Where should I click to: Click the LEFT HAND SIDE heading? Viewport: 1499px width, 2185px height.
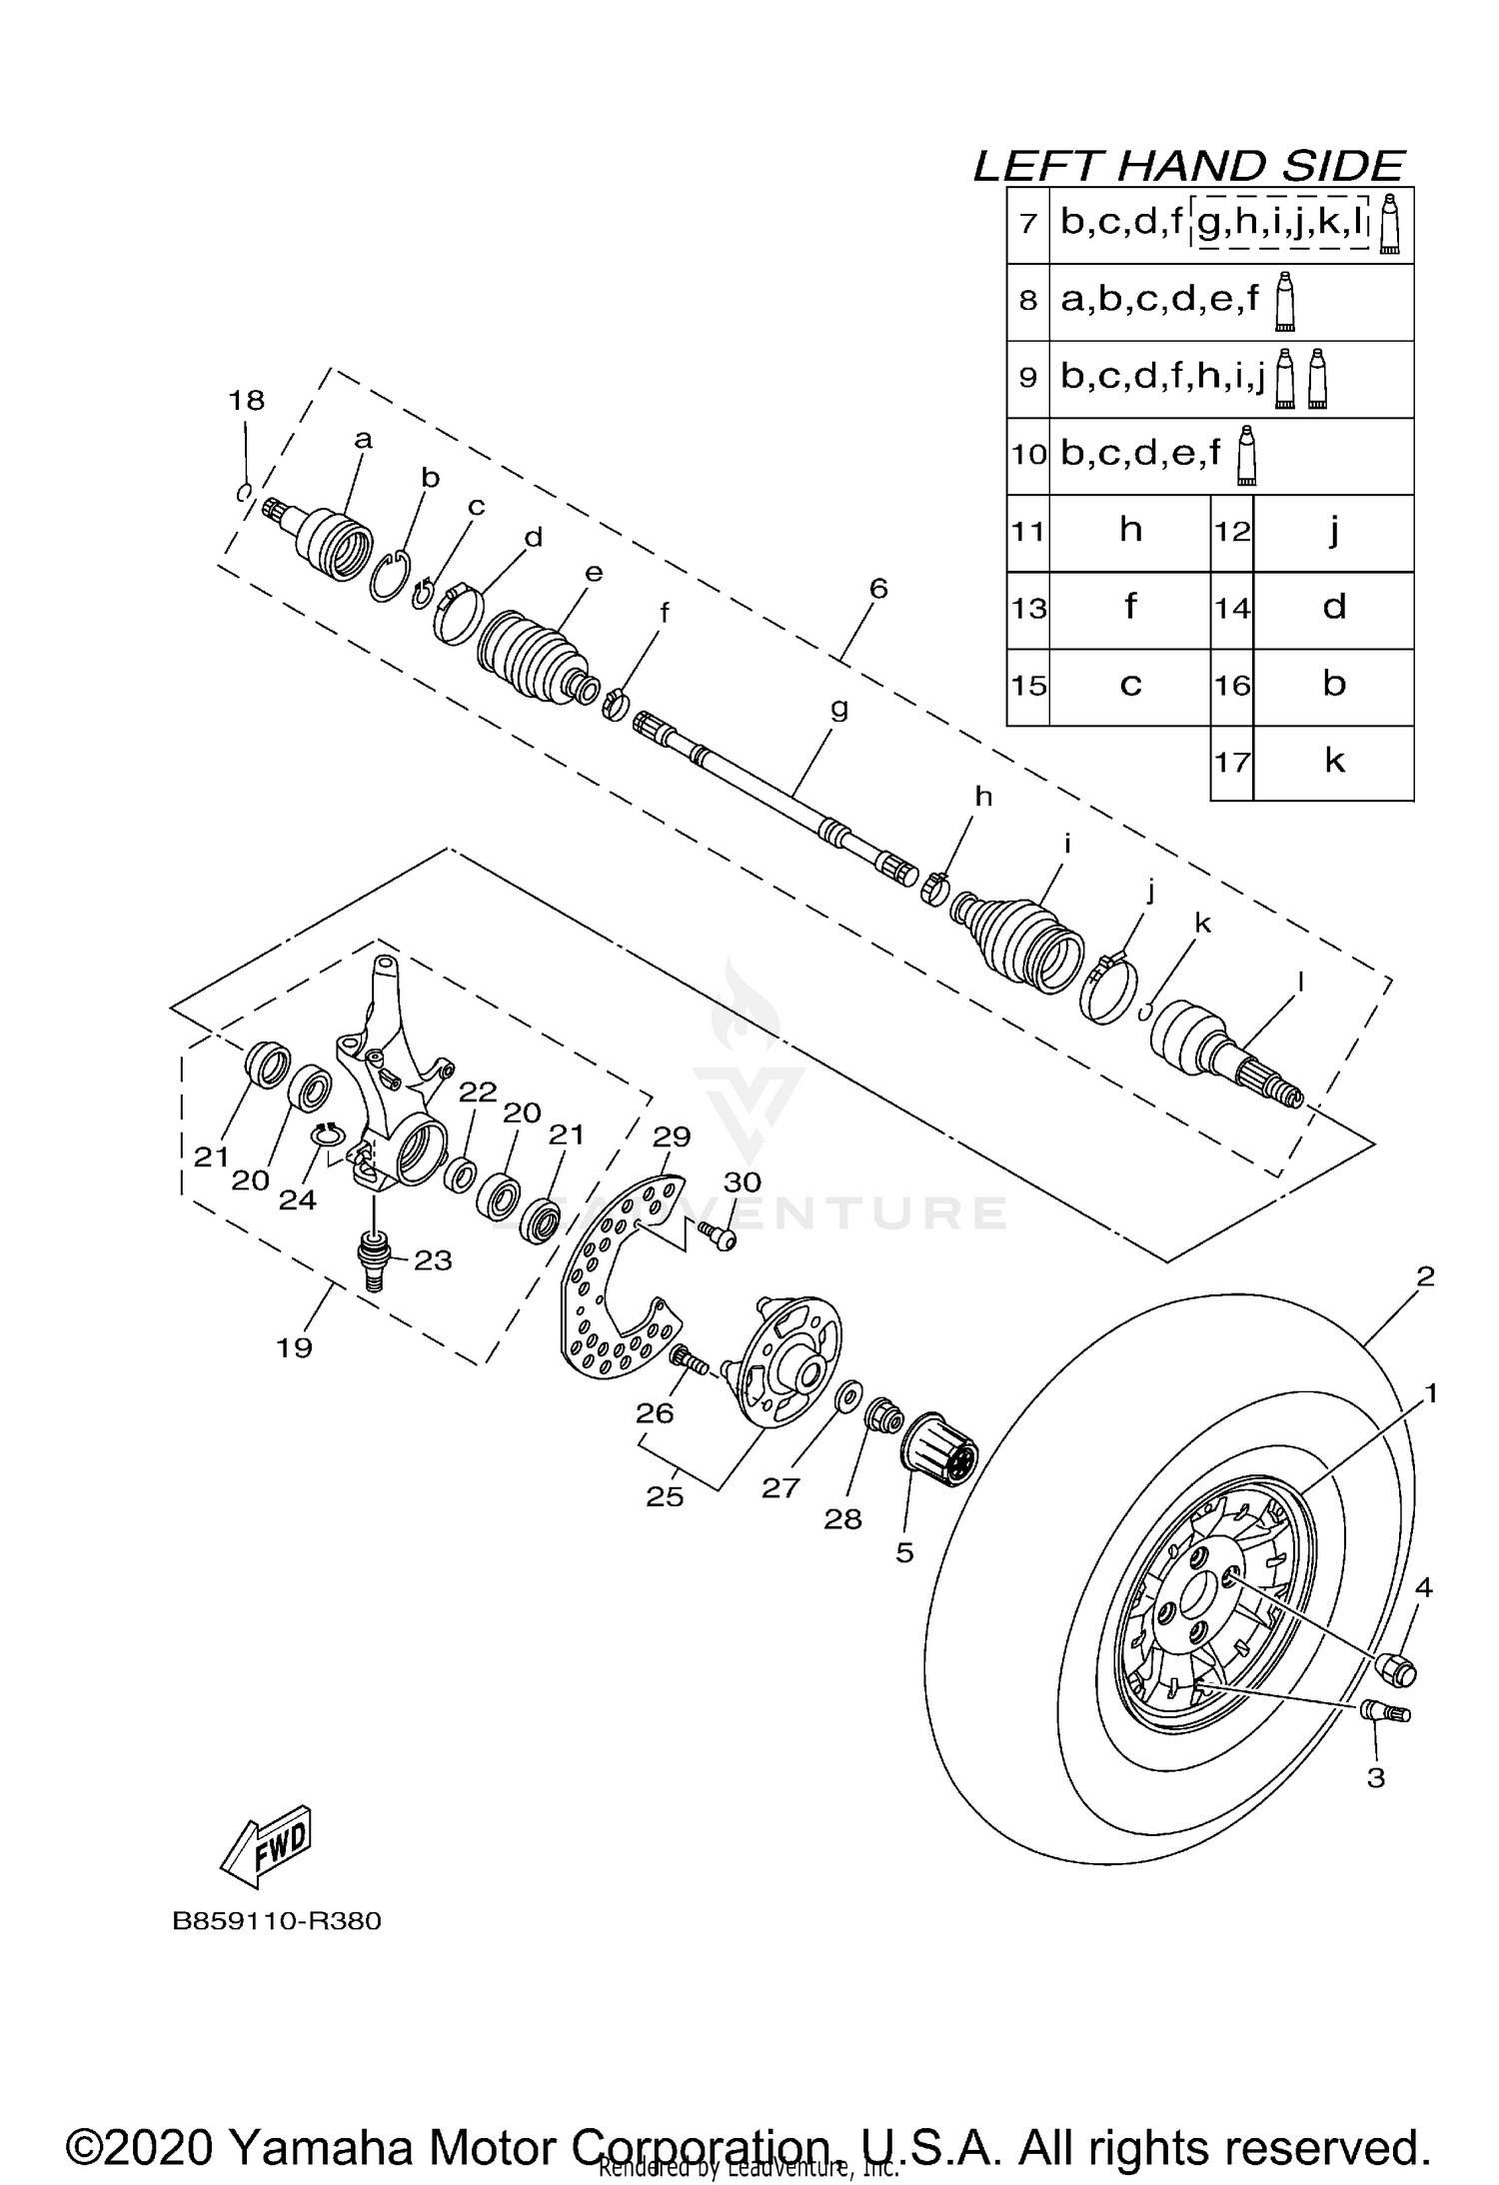pyautogui.click(x=1189, y=166)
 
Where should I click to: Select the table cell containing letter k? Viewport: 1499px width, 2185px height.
pyautogui.click(x=1333, y=762)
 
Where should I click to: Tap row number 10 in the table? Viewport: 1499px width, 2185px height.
pyautogui.click(x=1028, y=455)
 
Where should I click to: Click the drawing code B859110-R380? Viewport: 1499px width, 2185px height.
pyautogui.click(x=277, y=1921)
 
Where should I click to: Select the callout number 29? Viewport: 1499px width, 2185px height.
pyautogui.click(x=672, y=1136)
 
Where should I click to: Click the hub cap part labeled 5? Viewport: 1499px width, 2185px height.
pyautogui.click(x=938, y=1453)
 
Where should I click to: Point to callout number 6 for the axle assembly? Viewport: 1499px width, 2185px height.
pyautogui.click(x=877, y=589)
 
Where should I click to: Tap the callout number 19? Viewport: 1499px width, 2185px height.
pyautogui.click(x=294, y=1347)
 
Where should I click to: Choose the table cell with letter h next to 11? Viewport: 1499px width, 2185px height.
pyautogui.click(x=1130, y=531)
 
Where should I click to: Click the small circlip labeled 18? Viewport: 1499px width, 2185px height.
pyautogui.click(x=243, y=491)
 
